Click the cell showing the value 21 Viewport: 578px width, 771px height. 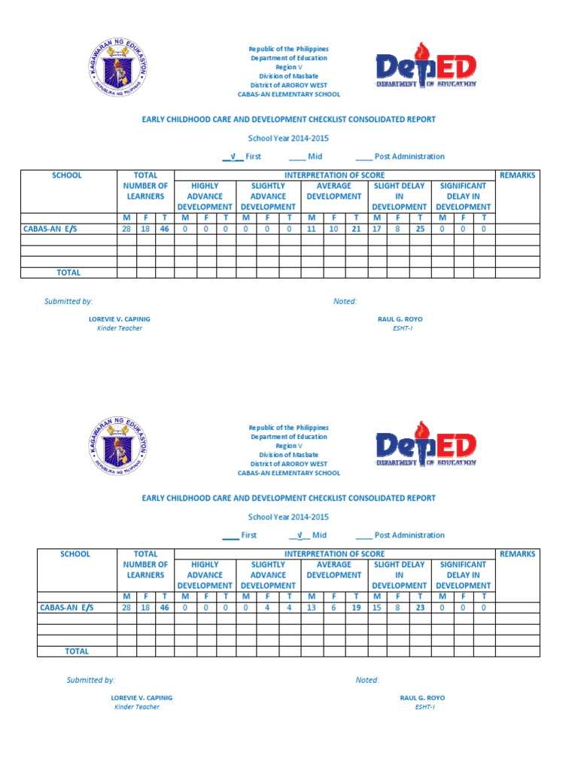(356, 229)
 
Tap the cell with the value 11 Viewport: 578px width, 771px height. (312, 229)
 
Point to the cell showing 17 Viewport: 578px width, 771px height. (377, 229)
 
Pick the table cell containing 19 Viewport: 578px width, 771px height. (356, 608)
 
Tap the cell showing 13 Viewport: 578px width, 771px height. (312, 608)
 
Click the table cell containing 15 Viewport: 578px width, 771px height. (377, 608)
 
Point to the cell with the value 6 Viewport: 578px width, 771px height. (333, 608)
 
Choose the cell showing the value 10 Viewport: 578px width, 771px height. (333, 229)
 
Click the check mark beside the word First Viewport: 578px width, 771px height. (233, 157)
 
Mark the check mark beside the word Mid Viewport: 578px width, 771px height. (300, 535)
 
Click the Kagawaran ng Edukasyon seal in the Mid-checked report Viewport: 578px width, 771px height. (117, 444)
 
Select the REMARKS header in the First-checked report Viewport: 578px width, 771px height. (517, 175)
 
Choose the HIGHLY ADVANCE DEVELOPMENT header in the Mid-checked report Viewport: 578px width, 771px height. (205, 574)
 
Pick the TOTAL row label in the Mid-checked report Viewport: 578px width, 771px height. (77, 651)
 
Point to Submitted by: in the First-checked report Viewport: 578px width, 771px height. (68, 301)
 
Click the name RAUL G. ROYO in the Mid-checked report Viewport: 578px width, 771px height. (422, 698)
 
